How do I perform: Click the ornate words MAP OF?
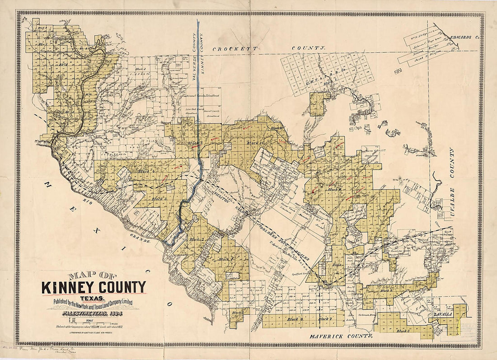(92, 275)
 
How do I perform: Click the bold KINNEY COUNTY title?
(94, 287)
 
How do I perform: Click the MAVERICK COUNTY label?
(342, 337)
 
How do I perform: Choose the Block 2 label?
(197, 239)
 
